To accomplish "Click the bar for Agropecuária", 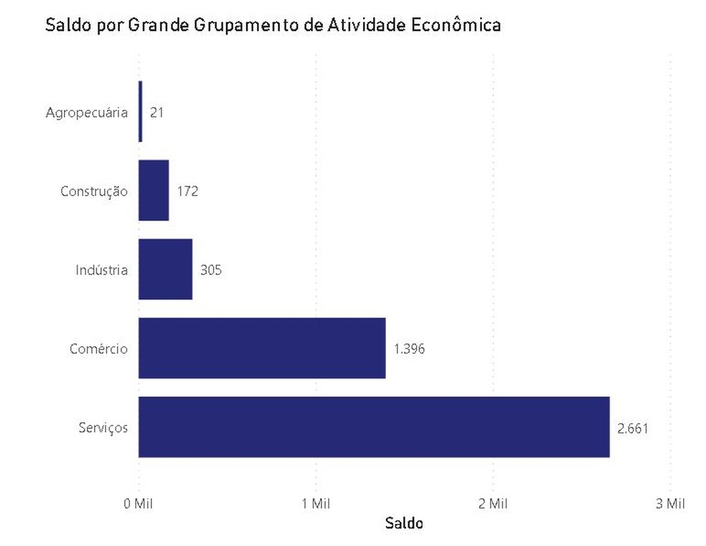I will [x=141, y=111].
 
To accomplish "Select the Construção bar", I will [x=154, y=190].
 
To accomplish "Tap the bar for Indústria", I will [x=165, y=269].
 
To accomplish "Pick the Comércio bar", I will [x=262, y=348].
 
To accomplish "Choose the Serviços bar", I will [x=373, y=427].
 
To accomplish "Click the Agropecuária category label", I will [x=87, y=113].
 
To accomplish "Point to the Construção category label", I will [x=94, y=192].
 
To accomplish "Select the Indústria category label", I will [x=102, y=271].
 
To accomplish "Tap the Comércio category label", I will [x=99, y=349].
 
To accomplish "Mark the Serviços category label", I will [x=103, y=428].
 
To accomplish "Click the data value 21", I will [x=157, y=113].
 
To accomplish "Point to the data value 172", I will [x=187, y=192].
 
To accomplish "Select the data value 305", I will [x=211, y=271].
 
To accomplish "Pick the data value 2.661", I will [x=634, y=429].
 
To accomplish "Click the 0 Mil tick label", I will [x=138, y=504].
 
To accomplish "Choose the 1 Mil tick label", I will [x=316, y=504].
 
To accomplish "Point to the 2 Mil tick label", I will [x=493, y=504].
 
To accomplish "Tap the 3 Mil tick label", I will [x=670, y=504].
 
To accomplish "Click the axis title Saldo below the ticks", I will [x=404, y=523].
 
